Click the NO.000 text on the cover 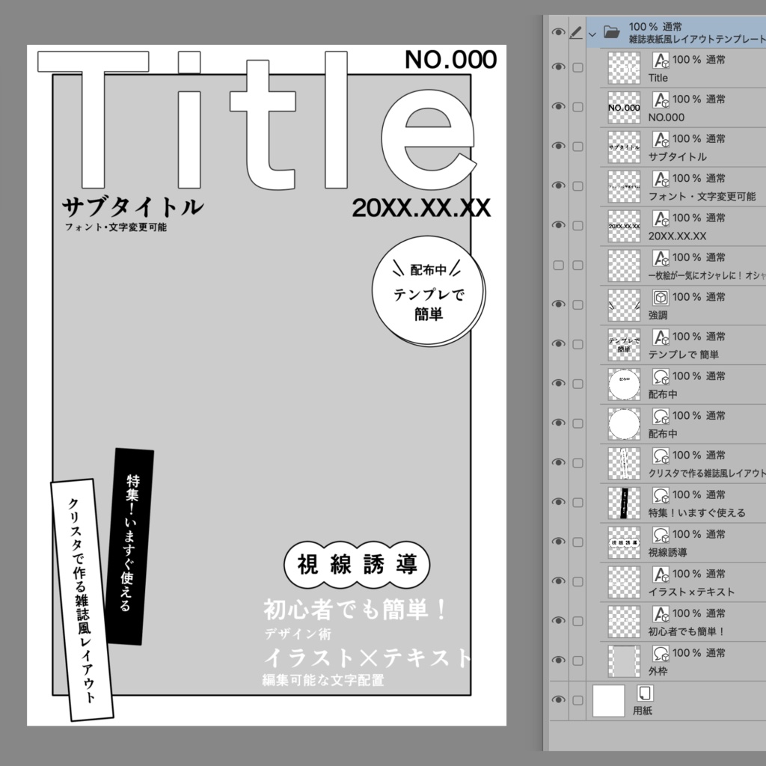click(450, 60)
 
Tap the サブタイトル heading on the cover click(132, 206)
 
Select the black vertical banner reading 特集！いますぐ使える click(131, 547)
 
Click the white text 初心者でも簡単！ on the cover click(355, 610)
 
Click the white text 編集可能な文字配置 click(322, 680)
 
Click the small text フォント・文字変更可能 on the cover click(115, 227)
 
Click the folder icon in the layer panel click(611, 32)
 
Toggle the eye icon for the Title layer click(558, 67)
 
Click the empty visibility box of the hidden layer click(558, 265)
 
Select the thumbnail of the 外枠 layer click(624, 661)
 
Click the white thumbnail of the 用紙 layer click(608, 701)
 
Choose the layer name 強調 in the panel click(658, 315)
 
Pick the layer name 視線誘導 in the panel click(668, 552)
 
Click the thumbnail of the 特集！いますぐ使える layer click(624, 503)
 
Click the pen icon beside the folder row click(576, 32)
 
